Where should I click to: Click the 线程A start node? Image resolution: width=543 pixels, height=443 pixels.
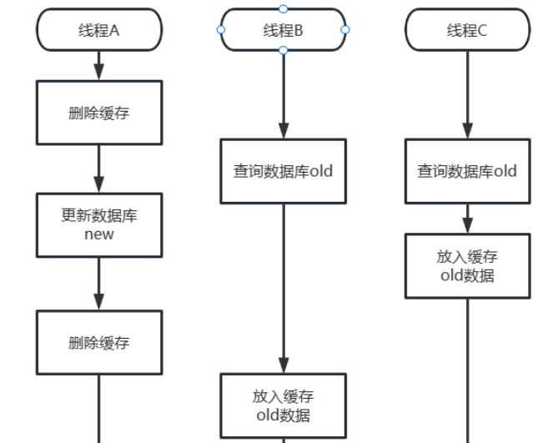[x=98, y=30]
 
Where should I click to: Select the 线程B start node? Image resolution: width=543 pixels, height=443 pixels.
[x=283, y=30]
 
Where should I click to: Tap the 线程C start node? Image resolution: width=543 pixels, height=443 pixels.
[x=467, y=30]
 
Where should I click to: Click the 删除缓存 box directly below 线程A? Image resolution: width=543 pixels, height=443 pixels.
[x=98, y=113]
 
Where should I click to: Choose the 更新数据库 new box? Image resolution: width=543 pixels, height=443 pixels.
[x=98, y=224]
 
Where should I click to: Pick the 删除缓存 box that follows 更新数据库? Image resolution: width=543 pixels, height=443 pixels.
[x=98, y=342]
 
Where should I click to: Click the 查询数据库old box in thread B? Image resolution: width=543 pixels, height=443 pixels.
[x=283, y=171]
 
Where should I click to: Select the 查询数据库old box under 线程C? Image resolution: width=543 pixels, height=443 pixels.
[x=467, y=171]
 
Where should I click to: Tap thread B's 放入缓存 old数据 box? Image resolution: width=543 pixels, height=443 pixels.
[x=283, y=404]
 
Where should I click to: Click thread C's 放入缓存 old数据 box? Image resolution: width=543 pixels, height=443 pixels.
[x=467, y=265]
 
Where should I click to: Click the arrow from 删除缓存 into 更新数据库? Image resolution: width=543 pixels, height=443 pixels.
[x=98, y=169]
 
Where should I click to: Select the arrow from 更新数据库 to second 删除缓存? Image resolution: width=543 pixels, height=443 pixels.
[x=98, y=284]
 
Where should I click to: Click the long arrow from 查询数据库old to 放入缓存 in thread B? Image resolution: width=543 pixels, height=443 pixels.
[x=283, y=288]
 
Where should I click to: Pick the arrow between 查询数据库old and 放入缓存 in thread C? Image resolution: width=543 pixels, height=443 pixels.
[x=467, y=219]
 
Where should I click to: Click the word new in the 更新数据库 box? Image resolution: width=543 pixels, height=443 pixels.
[x=98, y=234]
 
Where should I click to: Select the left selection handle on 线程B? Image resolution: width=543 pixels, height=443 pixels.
[x=221, y=29]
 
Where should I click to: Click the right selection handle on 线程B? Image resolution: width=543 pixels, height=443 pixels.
[x=345, y=29]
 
